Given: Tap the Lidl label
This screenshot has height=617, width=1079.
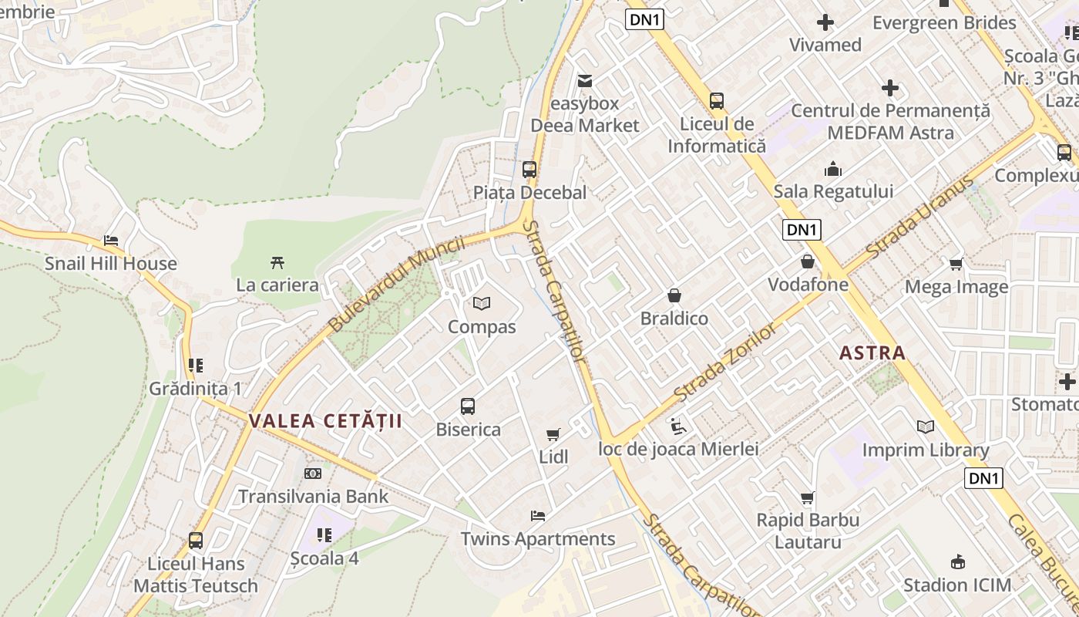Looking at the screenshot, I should (553, 457).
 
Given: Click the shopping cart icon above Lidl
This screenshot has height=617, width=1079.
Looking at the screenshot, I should (553, 435).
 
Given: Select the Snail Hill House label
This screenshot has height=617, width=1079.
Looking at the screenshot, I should (110, 264).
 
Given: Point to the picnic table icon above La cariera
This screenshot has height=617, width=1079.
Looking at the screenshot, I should (277, 263).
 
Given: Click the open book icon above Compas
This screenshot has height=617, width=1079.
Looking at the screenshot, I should (482, 304).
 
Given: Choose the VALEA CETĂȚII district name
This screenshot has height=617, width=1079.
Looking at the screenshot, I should (325, 421).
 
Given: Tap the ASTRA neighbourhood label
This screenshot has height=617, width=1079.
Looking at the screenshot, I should (872, 353).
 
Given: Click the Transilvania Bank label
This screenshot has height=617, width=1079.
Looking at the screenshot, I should (313, 496).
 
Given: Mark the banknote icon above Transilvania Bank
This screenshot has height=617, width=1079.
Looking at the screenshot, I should (313, 474).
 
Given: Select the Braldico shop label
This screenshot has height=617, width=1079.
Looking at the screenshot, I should (674, 319).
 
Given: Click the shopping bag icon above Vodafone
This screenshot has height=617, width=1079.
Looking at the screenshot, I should (807, 262).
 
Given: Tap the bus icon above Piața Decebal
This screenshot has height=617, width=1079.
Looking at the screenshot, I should (529, 169).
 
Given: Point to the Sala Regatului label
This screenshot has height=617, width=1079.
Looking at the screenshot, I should (833, 191).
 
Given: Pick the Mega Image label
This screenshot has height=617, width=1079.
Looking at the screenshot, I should (956, 288).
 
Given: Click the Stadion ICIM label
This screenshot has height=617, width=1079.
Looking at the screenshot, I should (957, 585).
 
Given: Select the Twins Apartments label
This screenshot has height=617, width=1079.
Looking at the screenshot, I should (538, 538).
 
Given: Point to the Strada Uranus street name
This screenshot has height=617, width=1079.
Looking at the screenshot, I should (919, 218).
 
